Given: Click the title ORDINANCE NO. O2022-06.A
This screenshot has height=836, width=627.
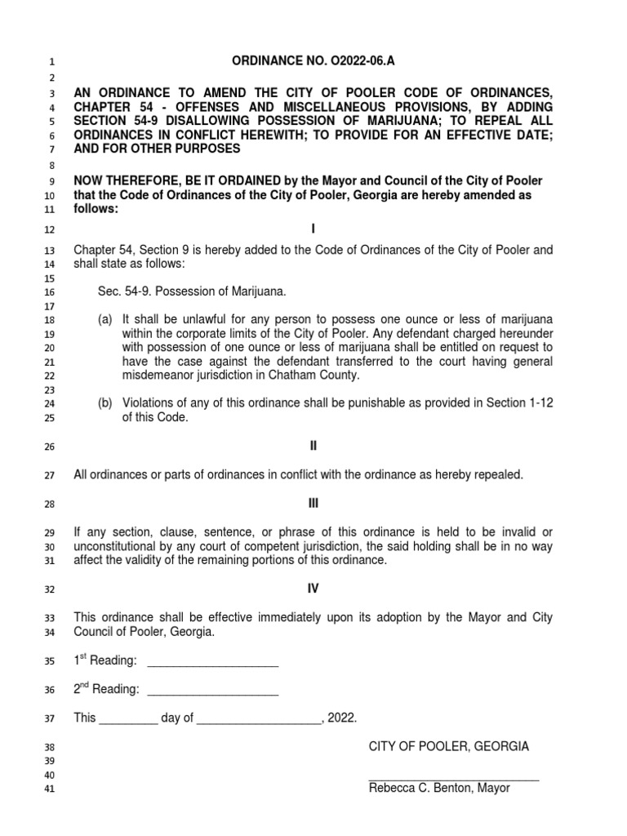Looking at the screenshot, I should pos(313,60).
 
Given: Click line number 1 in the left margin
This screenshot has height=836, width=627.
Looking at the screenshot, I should pos(50,62).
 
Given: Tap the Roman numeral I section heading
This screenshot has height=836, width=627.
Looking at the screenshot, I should pos(313,229).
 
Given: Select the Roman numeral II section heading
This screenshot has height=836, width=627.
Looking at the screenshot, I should pos(313,446).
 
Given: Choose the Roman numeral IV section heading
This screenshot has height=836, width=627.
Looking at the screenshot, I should pos(313,588).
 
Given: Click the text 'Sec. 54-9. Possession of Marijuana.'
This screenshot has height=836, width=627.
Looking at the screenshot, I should pos(192,291).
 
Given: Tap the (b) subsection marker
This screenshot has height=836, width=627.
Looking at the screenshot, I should pos(105,403).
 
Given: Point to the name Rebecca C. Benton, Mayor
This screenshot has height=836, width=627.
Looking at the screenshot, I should pos(439,789).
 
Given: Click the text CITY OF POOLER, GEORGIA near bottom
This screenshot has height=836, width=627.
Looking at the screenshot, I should pos(448,746).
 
